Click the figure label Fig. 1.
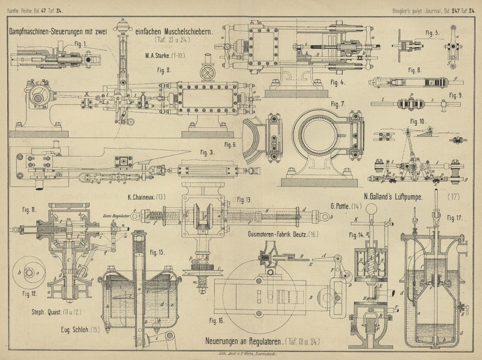pos(81,43)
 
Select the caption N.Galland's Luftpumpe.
pos(395,196)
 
